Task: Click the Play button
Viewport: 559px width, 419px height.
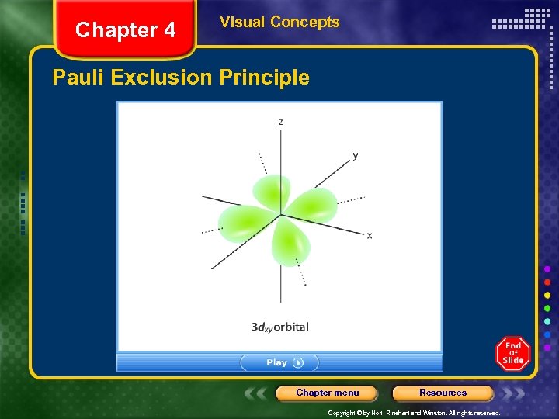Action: (279, 362)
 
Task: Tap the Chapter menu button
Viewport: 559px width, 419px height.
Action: (327, 393)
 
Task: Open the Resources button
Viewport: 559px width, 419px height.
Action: (443, 393)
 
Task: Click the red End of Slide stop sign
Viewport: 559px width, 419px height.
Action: (512, 353)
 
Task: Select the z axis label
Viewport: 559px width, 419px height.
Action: (280, 122)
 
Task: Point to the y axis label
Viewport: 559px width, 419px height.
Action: (355, 155)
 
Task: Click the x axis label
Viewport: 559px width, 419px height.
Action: (370, 235)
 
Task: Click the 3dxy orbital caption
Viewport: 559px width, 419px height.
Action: (279, 327)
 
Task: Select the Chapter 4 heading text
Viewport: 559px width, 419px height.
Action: (125, 30)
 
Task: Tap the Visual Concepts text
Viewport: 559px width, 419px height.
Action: (279, 22)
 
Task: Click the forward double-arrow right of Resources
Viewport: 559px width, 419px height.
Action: (513, 393)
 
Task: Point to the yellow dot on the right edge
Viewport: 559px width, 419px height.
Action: (547, 295)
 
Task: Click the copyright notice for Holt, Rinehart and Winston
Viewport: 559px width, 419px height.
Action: (414, 414)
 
